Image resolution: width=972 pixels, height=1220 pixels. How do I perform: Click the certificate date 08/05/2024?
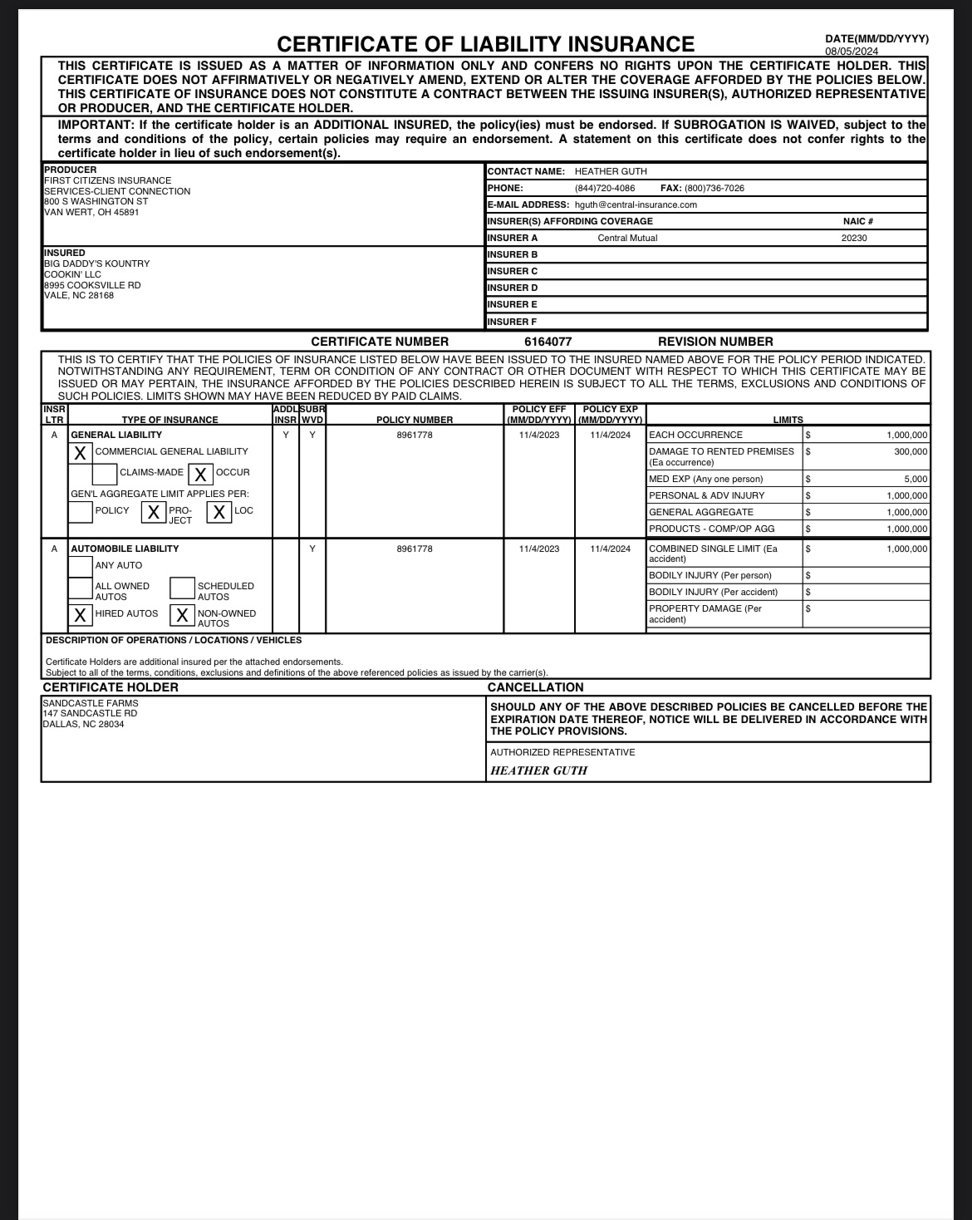851,52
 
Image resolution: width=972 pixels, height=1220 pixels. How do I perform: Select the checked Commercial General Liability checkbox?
81,453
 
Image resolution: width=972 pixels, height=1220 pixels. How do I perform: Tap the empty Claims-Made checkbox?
105,474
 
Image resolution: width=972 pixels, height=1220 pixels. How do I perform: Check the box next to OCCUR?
200,474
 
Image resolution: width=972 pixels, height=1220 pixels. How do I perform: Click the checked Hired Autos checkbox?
81,615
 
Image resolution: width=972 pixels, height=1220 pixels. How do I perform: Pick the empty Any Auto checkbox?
81,566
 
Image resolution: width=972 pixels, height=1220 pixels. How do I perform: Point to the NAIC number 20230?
854,239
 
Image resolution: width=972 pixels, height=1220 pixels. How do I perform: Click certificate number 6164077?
547,342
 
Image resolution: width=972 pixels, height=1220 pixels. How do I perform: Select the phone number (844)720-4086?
605,189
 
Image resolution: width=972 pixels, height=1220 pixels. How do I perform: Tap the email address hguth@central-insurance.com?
636,205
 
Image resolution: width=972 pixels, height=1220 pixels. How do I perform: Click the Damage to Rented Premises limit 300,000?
911,452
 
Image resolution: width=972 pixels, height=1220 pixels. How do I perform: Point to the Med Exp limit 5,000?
916,480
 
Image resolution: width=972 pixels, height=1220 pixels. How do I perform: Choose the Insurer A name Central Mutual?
627,239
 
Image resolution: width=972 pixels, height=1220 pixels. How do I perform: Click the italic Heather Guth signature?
538,770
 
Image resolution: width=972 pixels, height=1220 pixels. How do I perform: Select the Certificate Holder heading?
110,687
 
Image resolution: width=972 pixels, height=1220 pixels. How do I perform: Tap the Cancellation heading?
535,687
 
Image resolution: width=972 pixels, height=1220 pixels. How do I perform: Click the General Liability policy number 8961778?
415,435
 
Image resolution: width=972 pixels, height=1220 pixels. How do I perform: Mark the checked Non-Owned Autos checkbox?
182,615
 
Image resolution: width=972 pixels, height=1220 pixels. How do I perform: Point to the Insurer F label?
512,322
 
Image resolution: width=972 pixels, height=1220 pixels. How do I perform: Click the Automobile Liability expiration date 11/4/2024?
611,549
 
